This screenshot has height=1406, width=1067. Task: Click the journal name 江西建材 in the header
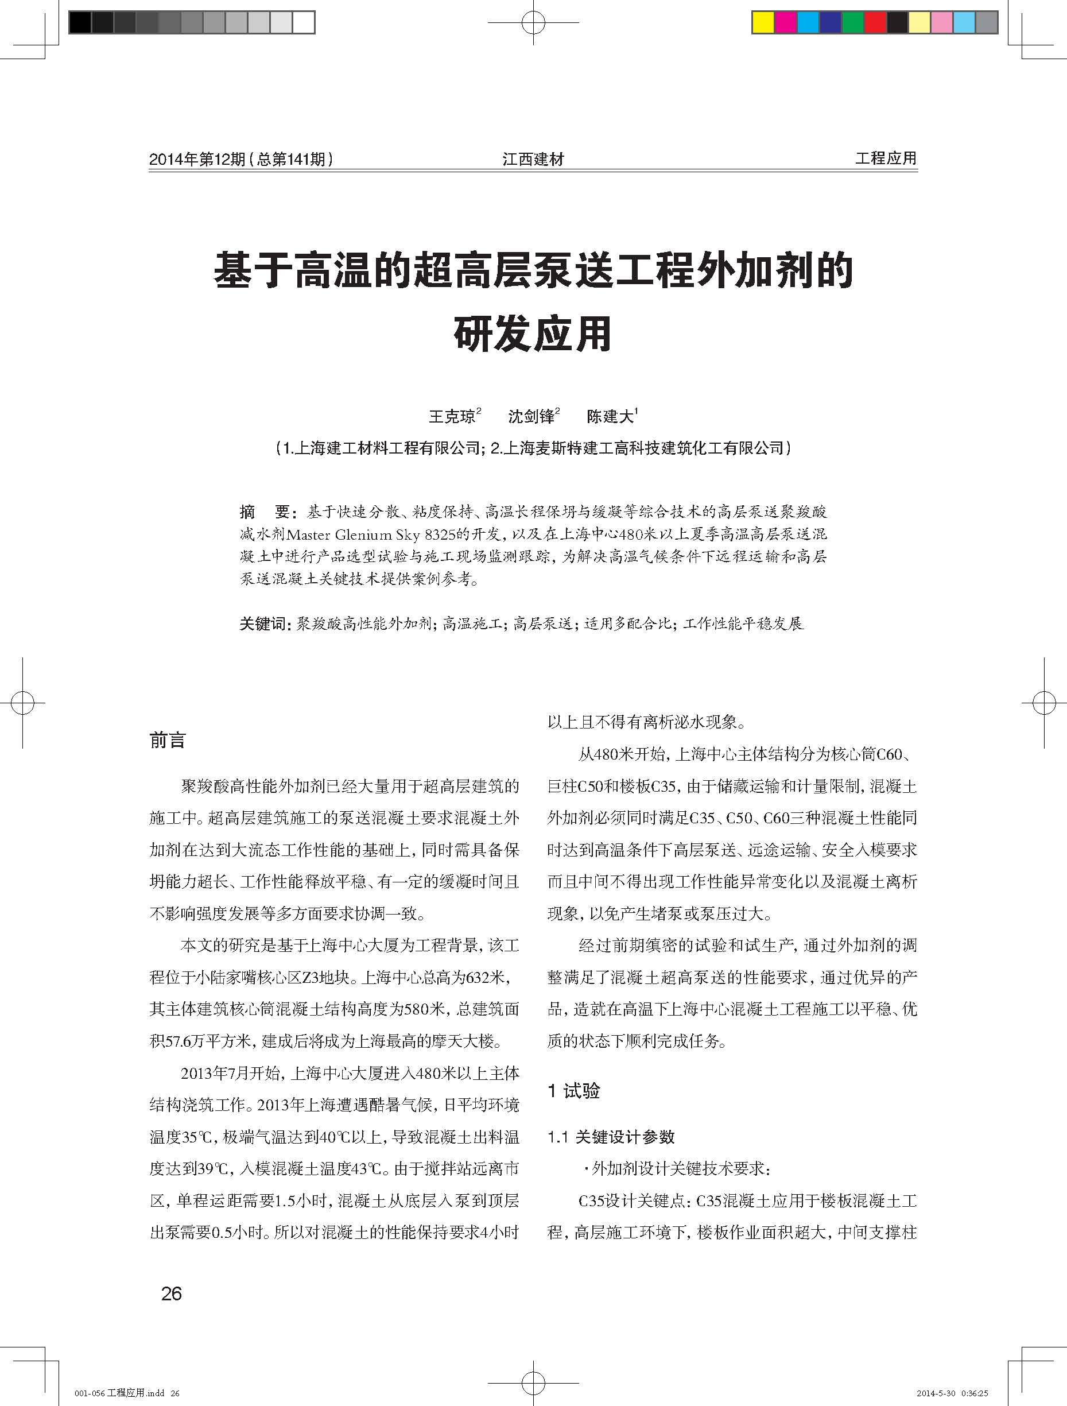click(533, 159)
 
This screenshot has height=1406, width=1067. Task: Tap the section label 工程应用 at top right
click(885, 158)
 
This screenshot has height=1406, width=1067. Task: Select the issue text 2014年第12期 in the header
click(196, 159)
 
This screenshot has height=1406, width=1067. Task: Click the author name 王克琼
click(452, 416)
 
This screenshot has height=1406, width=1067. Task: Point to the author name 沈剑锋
click(531, 416)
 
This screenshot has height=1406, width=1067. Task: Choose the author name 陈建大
click(610, 416)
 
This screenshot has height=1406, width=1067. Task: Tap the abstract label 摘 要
click(265, 512)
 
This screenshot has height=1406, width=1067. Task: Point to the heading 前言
click(168, 741)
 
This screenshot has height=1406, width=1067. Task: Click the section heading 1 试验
click(573, 1091)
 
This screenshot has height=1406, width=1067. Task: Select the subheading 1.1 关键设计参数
click(611, 1137)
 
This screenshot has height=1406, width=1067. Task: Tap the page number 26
click(172, 1293)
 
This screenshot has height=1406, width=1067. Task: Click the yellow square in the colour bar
click(763, 24)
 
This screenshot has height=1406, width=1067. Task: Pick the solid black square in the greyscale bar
click(80, 24)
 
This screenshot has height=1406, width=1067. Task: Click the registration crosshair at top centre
click(533, 24)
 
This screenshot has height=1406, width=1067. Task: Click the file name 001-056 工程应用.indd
click(119, 1388)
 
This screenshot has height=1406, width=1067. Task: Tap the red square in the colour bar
click(875, 24)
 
